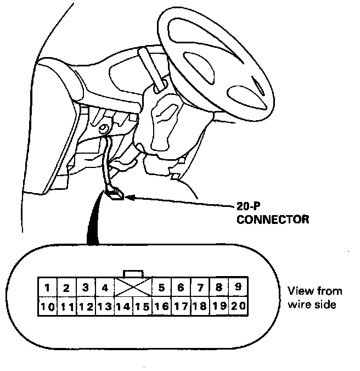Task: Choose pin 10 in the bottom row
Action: click(48, 307)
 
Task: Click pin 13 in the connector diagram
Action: click(104, 307)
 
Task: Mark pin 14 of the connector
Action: click(123, 307)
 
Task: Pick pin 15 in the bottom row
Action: click(142, 307)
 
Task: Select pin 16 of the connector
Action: click(162, 307)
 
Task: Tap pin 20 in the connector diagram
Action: click(238, 307)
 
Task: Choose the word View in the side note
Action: click(300, 291)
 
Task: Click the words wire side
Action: click(311, 304)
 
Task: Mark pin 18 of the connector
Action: click(200, 307)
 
